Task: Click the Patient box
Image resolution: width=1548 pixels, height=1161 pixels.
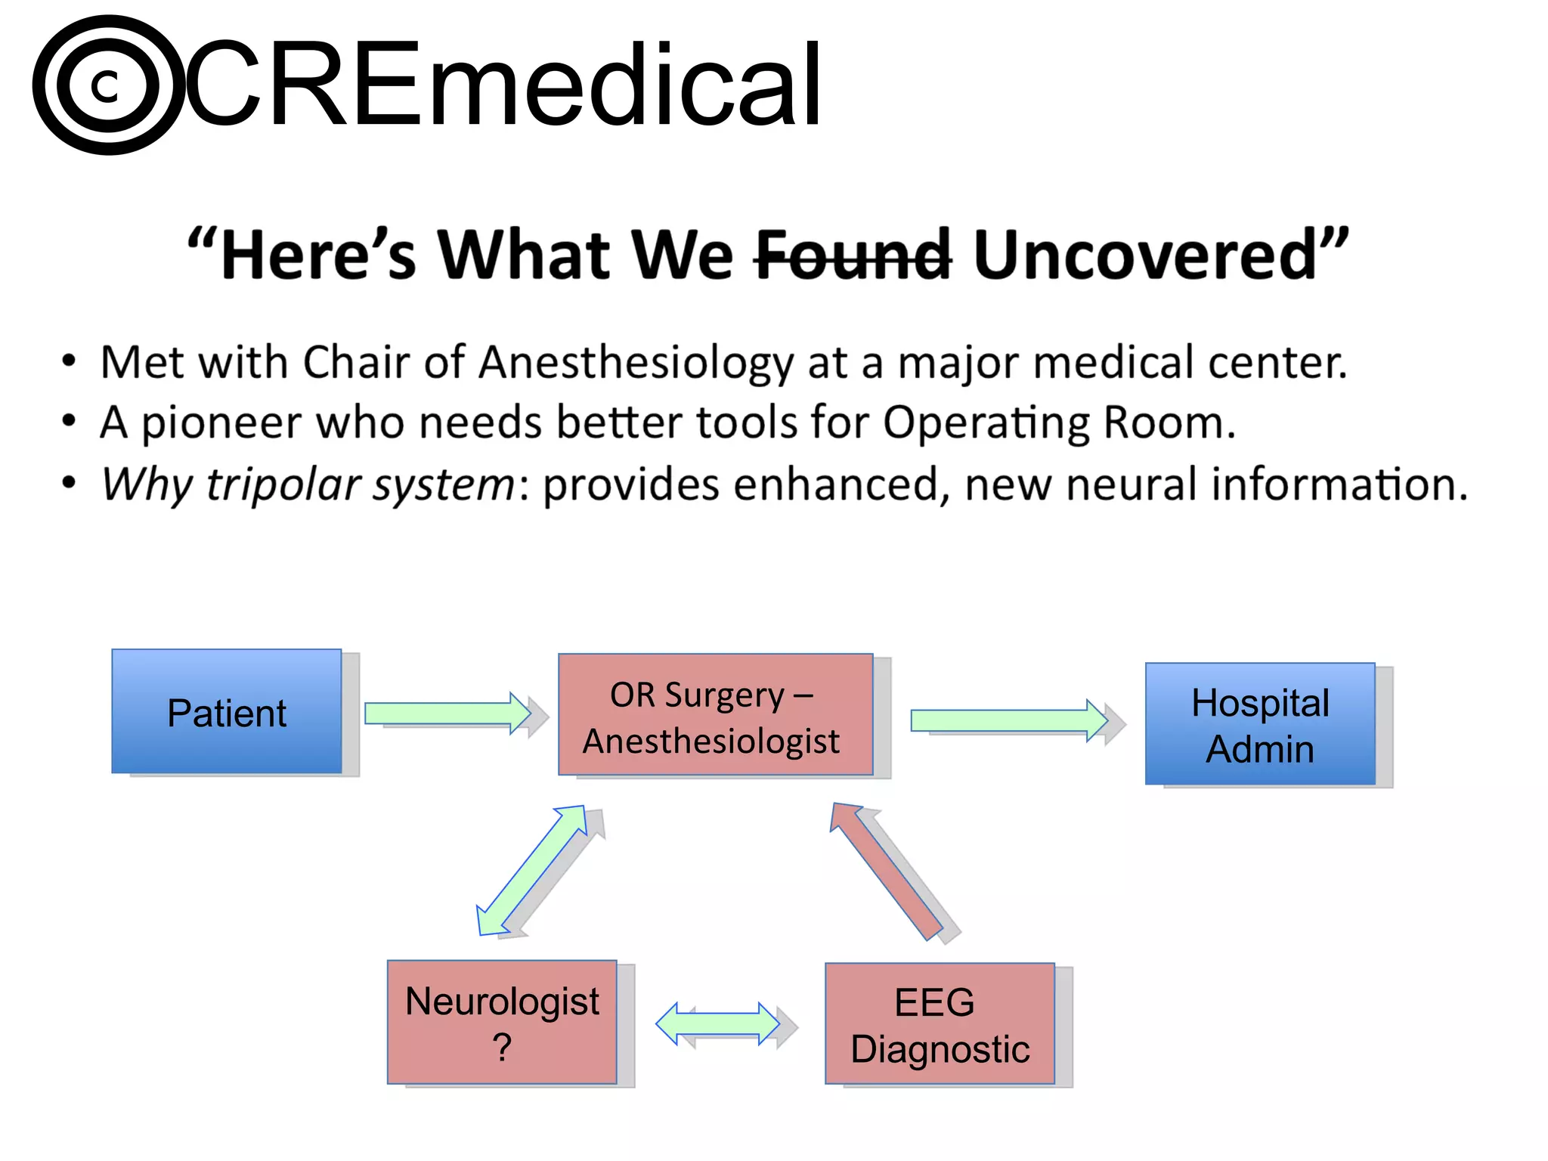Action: click(227, 711)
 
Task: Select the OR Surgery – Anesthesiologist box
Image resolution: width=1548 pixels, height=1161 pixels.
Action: click(715, 715)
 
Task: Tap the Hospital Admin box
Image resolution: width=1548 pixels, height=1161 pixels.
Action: click(1260, 724)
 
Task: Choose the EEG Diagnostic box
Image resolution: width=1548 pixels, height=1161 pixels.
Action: click(940, 1023)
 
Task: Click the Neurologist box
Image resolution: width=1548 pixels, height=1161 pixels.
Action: click(502, 1022)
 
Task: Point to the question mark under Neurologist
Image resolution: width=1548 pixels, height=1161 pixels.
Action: click(502, 1048)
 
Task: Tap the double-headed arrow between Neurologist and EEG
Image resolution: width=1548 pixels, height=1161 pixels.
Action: click(717, 1024)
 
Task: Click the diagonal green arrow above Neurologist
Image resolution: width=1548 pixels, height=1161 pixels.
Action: click(532, 870)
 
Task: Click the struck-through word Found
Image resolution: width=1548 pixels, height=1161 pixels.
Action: click(853, 255)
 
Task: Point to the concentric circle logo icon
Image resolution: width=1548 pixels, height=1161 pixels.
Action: click(108, 85)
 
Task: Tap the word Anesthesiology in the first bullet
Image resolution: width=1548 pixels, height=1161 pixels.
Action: click(636, 363)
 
